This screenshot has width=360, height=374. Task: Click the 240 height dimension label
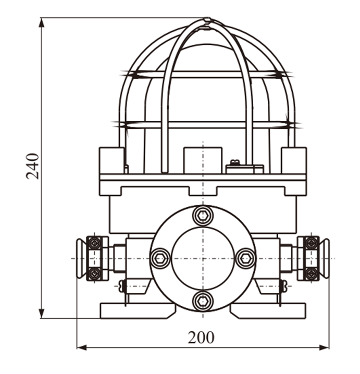click(32, 166)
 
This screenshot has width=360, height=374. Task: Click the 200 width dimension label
click(201, 338)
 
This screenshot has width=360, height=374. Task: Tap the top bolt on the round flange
click(203, 216)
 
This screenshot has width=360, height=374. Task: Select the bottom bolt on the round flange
click(203, 301)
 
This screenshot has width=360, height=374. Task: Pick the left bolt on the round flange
click(160, 258)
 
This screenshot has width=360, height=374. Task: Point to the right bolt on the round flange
click(246, 258)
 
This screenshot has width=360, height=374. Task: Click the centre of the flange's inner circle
click(203, 258)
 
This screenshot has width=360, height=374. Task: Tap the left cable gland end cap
click(81, 258)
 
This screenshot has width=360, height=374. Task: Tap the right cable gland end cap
click(325, 258)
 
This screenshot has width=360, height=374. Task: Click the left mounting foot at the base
click(138, 310)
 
